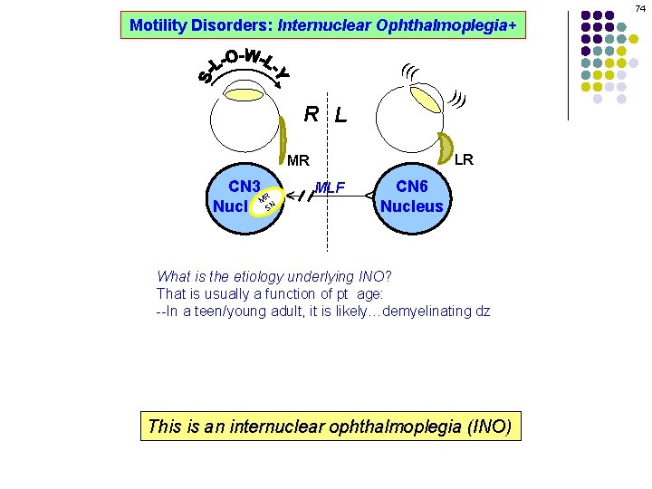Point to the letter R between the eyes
311,114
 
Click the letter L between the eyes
340,116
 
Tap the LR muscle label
464,160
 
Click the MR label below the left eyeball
298,162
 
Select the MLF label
331,188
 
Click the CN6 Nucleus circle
412,197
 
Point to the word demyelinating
426,311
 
